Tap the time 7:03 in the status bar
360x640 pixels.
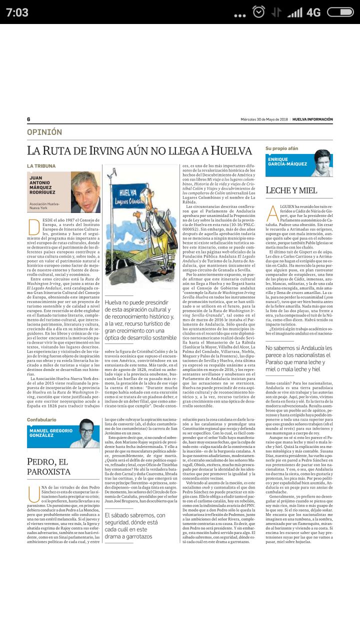point(17,12)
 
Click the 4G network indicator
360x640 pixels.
point(313,12)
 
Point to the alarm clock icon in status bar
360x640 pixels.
point(258,12)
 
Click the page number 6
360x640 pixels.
point(28,119)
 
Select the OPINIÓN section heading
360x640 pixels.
point(44,132)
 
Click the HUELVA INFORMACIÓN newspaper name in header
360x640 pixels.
point(312,119)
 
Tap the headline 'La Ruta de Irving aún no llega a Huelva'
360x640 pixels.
point(139,150)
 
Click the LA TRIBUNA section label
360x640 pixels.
point(41,165)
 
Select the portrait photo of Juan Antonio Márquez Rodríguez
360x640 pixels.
point(85,192)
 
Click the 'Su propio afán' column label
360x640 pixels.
point(281,148)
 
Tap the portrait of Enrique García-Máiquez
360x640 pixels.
point(323,163)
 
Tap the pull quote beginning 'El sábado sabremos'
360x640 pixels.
point(135,525)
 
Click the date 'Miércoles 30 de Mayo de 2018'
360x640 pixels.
point(264,119)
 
